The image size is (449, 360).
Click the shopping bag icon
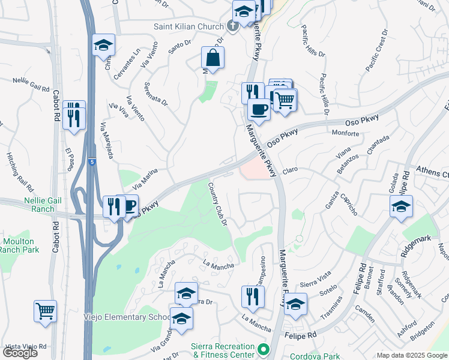point(213,58)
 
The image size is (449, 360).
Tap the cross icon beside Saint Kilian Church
point(234,26)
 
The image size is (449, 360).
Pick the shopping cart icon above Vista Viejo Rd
point(45,311)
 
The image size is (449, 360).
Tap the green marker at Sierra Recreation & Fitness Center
point(262,349)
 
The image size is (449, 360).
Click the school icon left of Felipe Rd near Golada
point(400,208)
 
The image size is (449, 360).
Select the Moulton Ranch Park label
point(21,245)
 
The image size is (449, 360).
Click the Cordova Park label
point(306,355)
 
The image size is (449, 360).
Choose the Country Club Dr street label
point(218,205)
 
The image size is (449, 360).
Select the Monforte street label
point(345,133)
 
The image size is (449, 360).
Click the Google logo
point(21,353)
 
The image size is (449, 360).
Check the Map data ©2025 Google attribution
point(412,355)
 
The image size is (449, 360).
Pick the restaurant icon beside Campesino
point(253,296)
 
